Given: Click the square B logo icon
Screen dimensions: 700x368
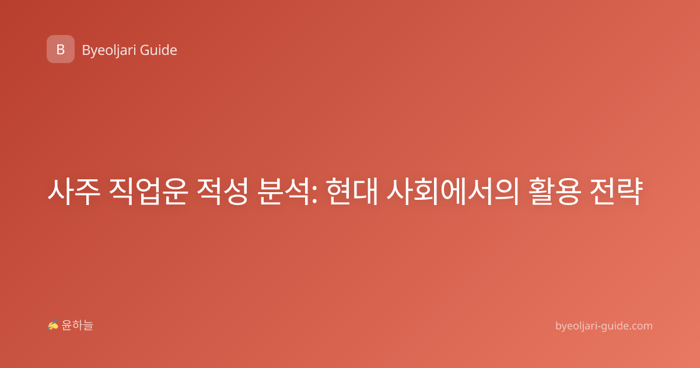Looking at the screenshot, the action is [x=61, y=49].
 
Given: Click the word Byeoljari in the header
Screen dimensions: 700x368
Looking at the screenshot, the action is [x=108, y=51].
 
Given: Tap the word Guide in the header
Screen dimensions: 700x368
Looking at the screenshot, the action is [x=159, y=50].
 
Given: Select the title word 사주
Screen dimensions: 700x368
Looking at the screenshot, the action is [x=74, y=192].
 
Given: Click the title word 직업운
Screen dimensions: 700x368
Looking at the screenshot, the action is [x=148, y=192].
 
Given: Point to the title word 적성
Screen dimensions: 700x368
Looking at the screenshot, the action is [x=222, y=192].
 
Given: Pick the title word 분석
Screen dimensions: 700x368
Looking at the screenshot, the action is [x=283, y=192].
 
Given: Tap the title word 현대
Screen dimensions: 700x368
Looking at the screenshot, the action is [x=352, y=192].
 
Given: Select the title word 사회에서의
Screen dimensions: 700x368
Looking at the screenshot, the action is [x=453, y=192].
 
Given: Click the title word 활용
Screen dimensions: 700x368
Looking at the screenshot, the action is [x=555, y=192].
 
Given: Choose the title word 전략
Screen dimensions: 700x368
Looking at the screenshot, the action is [x=616, y=192].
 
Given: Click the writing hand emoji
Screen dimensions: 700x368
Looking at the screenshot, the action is [x=53, y=325].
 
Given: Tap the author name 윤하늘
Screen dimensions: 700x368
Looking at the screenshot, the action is [x=77, y=325].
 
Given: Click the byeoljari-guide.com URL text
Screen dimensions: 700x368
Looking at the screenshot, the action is [x=604, y=326].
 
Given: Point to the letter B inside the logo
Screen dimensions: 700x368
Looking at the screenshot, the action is [x=61, y=50].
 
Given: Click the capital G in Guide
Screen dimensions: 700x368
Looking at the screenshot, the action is [x=145, y=50].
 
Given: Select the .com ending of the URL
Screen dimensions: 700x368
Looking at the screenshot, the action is [x=640, y=327].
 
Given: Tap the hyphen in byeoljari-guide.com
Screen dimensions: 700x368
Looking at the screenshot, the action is [x=598, y=327].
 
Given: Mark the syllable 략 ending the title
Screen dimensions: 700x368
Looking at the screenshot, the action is [x=629, y=192].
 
